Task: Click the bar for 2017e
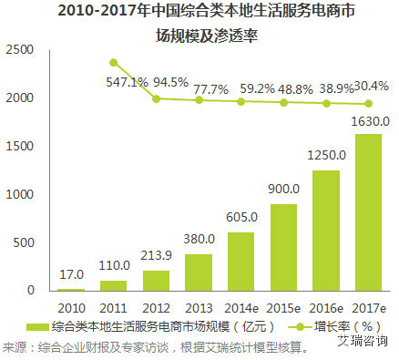368,212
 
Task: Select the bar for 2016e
325,231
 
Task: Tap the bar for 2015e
283,247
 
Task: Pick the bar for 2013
198,273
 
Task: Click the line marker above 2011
113,62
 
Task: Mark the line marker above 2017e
368,103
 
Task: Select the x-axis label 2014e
240,307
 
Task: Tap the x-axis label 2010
70,307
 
